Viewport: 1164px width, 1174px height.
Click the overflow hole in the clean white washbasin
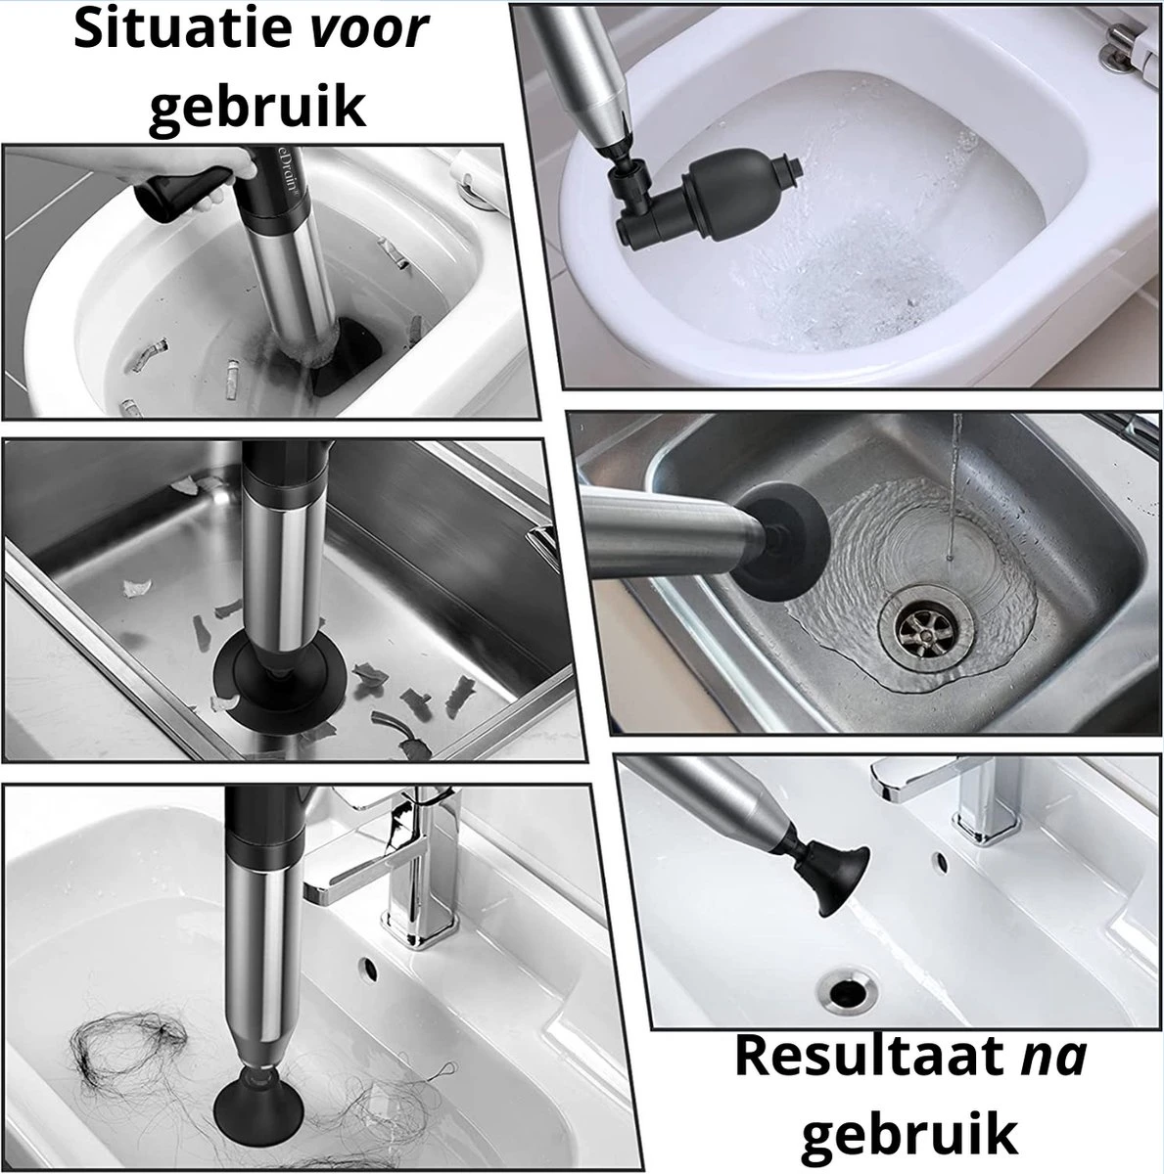click(942, 861)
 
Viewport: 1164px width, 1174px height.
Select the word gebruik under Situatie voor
click(256, 108)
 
